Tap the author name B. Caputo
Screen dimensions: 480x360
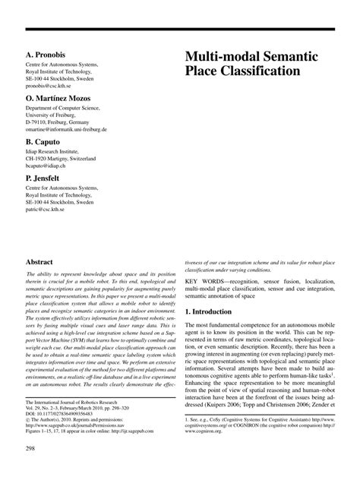pos(44,141)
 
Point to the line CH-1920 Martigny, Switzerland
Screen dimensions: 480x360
pos(61,158)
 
